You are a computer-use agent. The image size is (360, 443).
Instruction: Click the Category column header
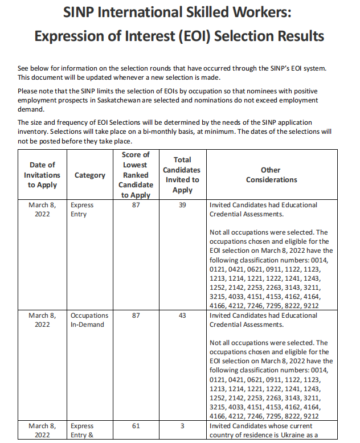90,175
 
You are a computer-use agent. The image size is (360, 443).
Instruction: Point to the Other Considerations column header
271,175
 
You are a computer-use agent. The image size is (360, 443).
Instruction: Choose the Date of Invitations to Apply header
42,175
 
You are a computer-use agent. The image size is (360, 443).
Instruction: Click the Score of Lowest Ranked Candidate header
136,175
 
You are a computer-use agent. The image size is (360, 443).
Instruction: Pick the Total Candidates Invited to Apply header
182,175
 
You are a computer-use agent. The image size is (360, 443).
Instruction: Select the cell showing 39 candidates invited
182,205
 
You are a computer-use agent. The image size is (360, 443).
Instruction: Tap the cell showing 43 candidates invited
182,315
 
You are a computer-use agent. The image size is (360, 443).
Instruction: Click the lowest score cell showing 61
136,426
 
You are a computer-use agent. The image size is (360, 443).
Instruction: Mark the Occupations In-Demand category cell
89,320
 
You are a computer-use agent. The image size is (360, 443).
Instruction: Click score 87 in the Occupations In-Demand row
136,315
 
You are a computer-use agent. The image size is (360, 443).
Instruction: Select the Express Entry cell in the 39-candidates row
82,210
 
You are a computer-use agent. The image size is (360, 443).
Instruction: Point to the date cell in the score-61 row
42,430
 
